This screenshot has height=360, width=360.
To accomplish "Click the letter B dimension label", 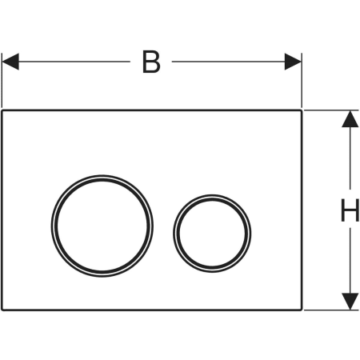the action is point(151,62).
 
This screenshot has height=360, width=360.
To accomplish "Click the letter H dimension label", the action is point(350,210).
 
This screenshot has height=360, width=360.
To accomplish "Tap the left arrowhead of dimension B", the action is point(10,62).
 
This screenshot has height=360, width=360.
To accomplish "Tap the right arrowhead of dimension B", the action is point(293,62).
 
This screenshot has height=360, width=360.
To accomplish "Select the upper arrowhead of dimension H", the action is point(350,119).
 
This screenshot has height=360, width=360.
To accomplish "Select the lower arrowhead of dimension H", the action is point(350,302).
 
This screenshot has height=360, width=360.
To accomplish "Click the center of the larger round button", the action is point(102,226).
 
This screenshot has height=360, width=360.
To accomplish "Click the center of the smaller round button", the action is point(212,234).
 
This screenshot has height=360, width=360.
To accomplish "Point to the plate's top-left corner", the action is point(2,110).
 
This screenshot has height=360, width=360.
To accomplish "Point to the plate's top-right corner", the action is point(302,110).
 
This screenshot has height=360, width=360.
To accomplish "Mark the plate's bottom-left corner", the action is point(2,310).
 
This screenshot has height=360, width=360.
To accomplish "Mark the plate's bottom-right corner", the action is point(302,310).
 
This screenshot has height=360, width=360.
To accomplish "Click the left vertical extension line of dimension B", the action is point(2,80).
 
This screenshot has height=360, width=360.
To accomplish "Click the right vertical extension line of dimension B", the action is point(302,80).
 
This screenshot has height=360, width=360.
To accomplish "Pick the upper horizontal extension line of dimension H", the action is point(331,110).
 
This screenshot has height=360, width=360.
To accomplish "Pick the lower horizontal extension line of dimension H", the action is point(331,310).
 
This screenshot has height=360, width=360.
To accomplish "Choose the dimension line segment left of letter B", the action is point(74,62).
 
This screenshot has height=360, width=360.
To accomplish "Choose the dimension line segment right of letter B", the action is point(228,62).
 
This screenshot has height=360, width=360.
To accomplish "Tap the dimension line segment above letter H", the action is point(350,158).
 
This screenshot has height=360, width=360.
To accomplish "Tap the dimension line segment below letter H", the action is point(350,261).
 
